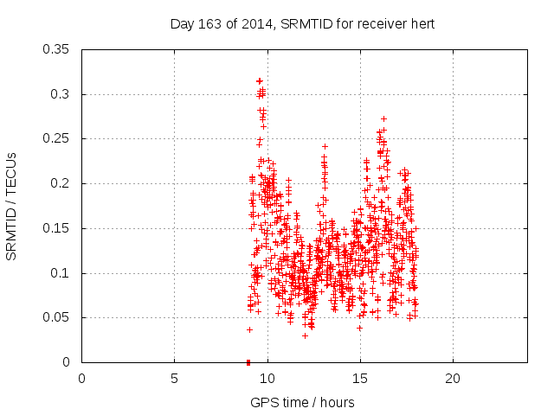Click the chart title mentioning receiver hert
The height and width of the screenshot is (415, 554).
click(302, 23)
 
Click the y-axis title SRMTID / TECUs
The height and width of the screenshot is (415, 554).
click(12, 206)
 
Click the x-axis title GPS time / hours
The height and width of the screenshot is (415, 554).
click(302, 402)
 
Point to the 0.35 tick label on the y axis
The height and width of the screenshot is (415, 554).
click(58, 49)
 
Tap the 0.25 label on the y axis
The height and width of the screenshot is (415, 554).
click(58, 139)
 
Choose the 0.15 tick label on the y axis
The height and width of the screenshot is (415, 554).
click(58, 228)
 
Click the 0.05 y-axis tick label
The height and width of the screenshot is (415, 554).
click(58, 318)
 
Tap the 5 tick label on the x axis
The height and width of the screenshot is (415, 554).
click(174, 378)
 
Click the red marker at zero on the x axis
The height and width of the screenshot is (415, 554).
click(248, 362)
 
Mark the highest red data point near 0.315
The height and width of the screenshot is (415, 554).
click(259, 80)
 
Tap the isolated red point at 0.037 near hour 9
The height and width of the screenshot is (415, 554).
click(249, 329)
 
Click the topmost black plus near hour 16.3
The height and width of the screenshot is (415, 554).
click(383, 118)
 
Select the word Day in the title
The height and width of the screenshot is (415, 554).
click(181, 23)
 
